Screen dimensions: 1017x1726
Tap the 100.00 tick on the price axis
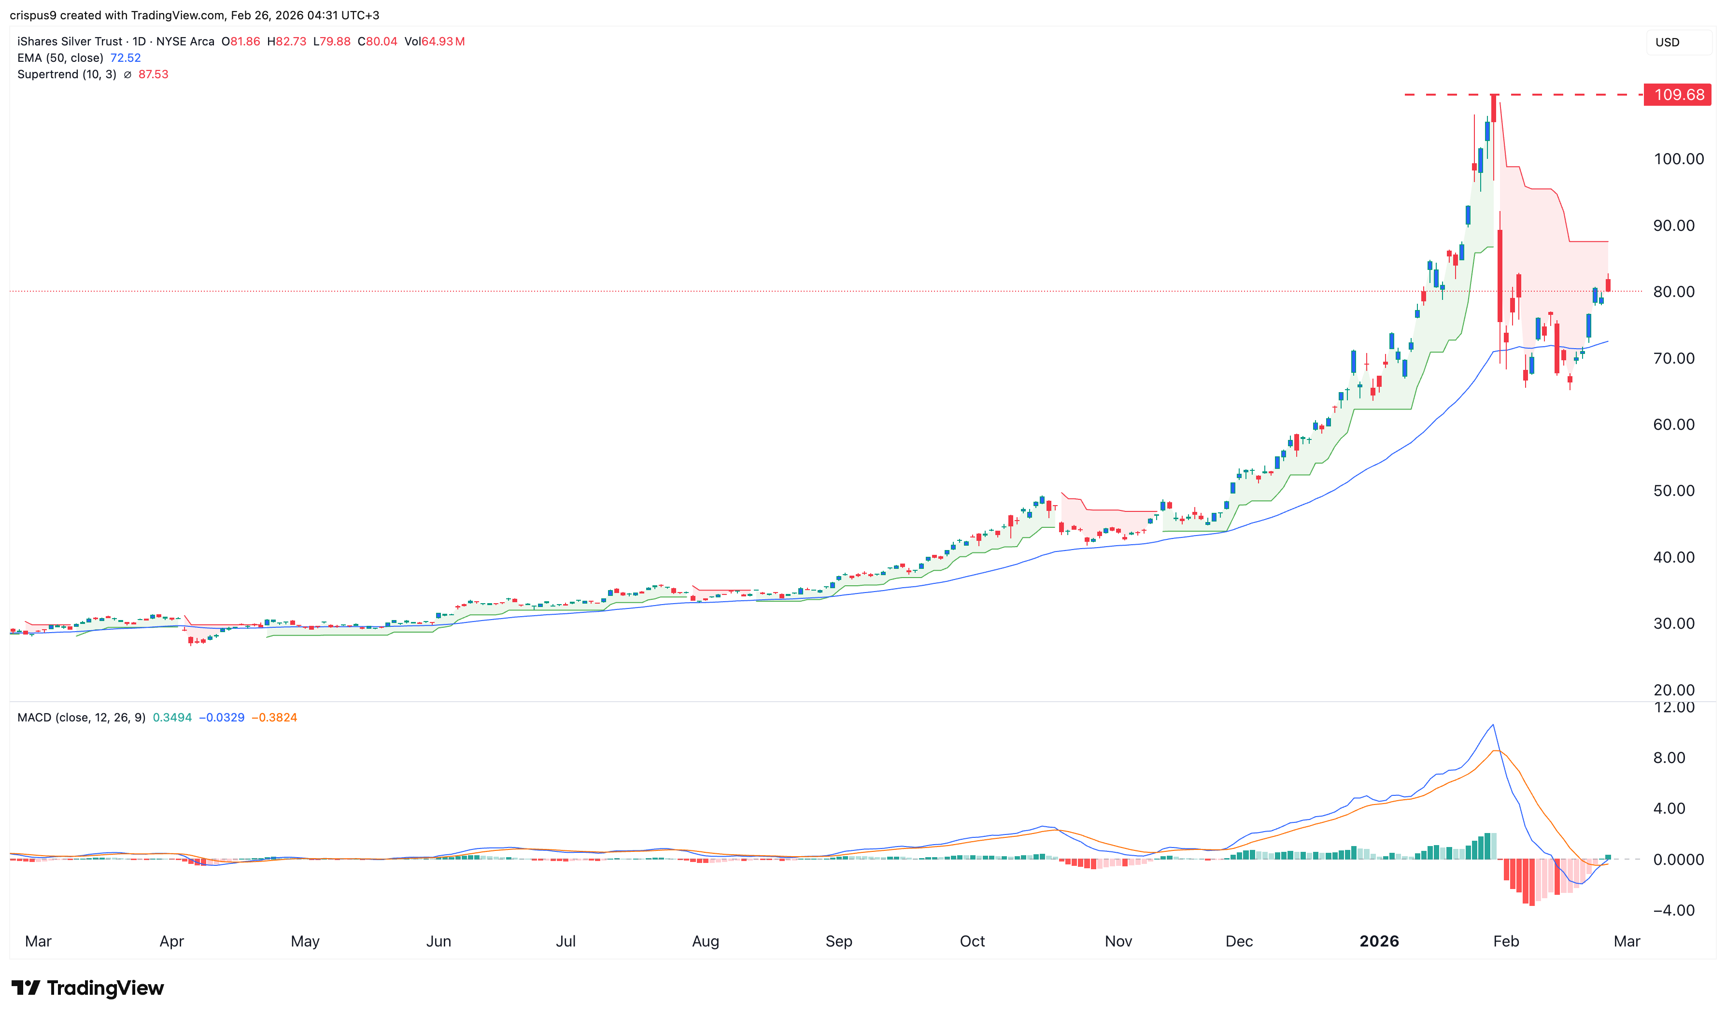pyautogui.click(x=1678, y=159)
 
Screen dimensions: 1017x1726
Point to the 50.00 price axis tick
pyautogui.click(x=1673, y=491)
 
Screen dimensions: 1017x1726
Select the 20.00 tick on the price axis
pyautogui.click(x=1673, y=690)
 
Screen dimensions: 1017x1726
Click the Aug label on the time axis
pyautogui.click(x=705, y=941)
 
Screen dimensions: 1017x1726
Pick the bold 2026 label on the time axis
pyautogui.click(x=1379, y=941)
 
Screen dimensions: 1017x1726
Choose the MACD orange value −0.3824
pyautogui.click(x=274, y=718)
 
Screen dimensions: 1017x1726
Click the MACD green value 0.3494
pyautogui.click(x=172, y=718)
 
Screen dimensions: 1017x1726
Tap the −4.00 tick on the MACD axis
pyautogui.click(x=1673, y=910)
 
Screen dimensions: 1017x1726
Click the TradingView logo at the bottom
pyautogui.click(x=88, y=988)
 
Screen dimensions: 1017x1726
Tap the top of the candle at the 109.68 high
pyautogui.click(x=1493, y=95)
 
